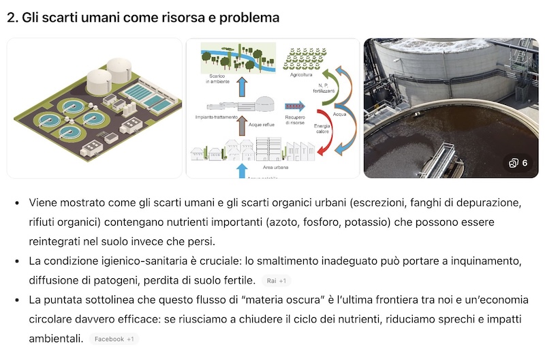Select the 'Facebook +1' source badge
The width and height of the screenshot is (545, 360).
114,339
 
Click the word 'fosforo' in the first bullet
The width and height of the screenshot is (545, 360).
363,222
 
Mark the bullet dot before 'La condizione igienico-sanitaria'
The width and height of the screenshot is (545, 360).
16,261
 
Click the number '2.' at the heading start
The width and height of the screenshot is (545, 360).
12,18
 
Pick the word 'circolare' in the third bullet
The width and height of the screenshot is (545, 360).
49,319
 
